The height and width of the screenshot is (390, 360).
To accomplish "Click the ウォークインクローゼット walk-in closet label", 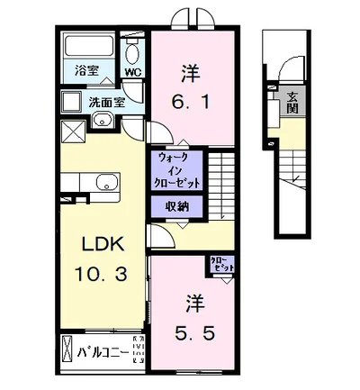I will point(177,169).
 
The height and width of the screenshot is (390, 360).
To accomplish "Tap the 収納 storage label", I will point(176,206).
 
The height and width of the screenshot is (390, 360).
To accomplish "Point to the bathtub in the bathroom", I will point(88,46).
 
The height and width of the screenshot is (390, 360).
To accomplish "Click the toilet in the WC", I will point(132,50).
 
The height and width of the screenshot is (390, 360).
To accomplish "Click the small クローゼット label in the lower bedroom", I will point(221,265).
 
